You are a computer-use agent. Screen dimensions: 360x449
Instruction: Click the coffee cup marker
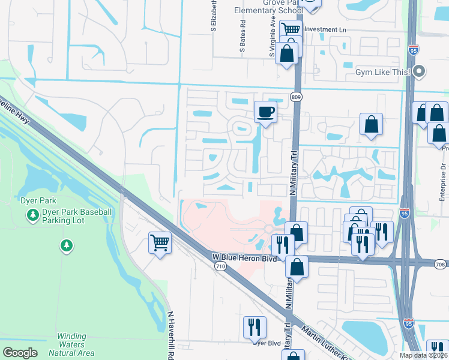[x=266, y=112]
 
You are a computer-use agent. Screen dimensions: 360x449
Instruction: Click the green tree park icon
[x=66, y=245]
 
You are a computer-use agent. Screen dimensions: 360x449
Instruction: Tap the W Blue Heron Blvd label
[x=246, y=257]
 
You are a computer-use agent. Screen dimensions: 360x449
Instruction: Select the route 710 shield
[x=221, y=266]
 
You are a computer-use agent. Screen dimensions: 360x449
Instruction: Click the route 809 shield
[x=298, y=97]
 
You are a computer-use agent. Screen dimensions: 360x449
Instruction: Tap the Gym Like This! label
[x=382, y=72]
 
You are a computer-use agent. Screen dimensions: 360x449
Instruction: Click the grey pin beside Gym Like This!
[x=420, y=71]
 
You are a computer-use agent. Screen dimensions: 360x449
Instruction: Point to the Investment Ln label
[x=325, y=29]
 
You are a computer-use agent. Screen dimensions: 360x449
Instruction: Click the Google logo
[x=20, y=353]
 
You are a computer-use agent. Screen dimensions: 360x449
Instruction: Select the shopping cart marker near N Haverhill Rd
[x=160, y=243]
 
